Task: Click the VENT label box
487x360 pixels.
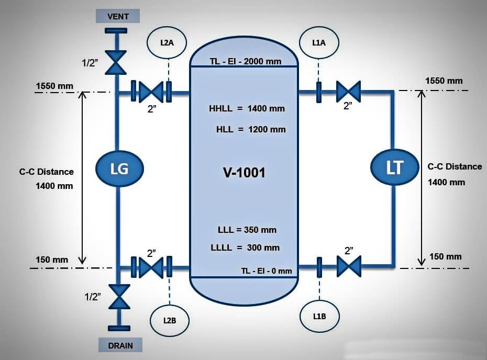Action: (118, 16)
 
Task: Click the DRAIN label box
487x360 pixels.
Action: (120, 345)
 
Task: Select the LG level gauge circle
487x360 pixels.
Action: (119, 168)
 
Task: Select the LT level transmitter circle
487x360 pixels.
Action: (394, 167)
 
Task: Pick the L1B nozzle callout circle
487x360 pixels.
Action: (319, 317)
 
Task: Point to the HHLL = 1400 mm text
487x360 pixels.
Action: (247, 109)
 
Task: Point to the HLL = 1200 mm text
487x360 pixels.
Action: (251, 129)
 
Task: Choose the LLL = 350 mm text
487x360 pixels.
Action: (247, 230)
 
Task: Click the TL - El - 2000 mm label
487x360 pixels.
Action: (246, 61)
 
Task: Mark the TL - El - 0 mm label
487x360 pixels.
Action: (267, 271)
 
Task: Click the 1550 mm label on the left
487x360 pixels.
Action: (55, 86)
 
